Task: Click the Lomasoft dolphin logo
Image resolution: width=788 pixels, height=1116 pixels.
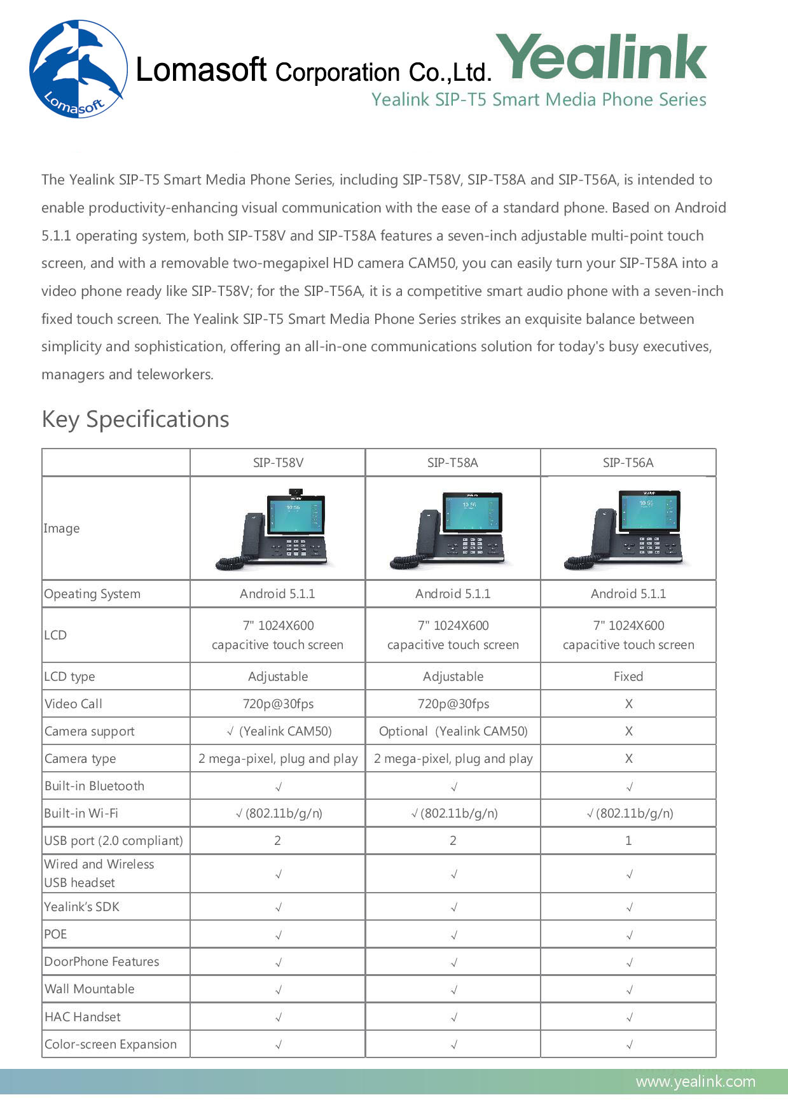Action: (78, 69)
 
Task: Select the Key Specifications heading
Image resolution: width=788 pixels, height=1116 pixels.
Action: (135, 419)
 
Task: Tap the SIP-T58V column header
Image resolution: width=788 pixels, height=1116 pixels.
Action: (278, 463)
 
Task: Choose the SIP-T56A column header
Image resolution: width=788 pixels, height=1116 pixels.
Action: (628, 463)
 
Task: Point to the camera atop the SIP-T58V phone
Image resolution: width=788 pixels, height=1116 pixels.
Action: (296, 491)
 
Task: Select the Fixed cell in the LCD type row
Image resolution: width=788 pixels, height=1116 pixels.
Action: (628, 676)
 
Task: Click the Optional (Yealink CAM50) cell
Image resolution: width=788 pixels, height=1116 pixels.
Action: (453, 731)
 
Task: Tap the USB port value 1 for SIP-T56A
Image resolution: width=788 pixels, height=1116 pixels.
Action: (628, 840)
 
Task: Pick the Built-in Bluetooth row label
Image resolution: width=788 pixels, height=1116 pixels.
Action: (94, 786)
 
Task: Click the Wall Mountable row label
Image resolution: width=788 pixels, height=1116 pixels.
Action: (90, 989)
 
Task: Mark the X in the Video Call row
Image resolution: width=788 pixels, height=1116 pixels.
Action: (628, 704)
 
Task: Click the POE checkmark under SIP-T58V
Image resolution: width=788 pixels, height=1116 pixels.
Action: (278, 935)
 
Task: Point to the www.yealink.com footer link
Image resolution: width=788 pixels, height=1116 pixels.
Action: (695, 1081)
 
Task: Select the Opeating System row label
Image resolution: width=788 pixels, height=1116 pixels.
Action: (92, 594)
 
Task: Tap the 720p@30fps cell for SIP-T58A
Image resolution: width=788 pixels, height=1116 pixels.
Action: (453, 704)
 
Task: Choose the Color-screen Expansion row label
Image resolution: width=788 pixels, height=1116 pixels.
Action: (111, 1044)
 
